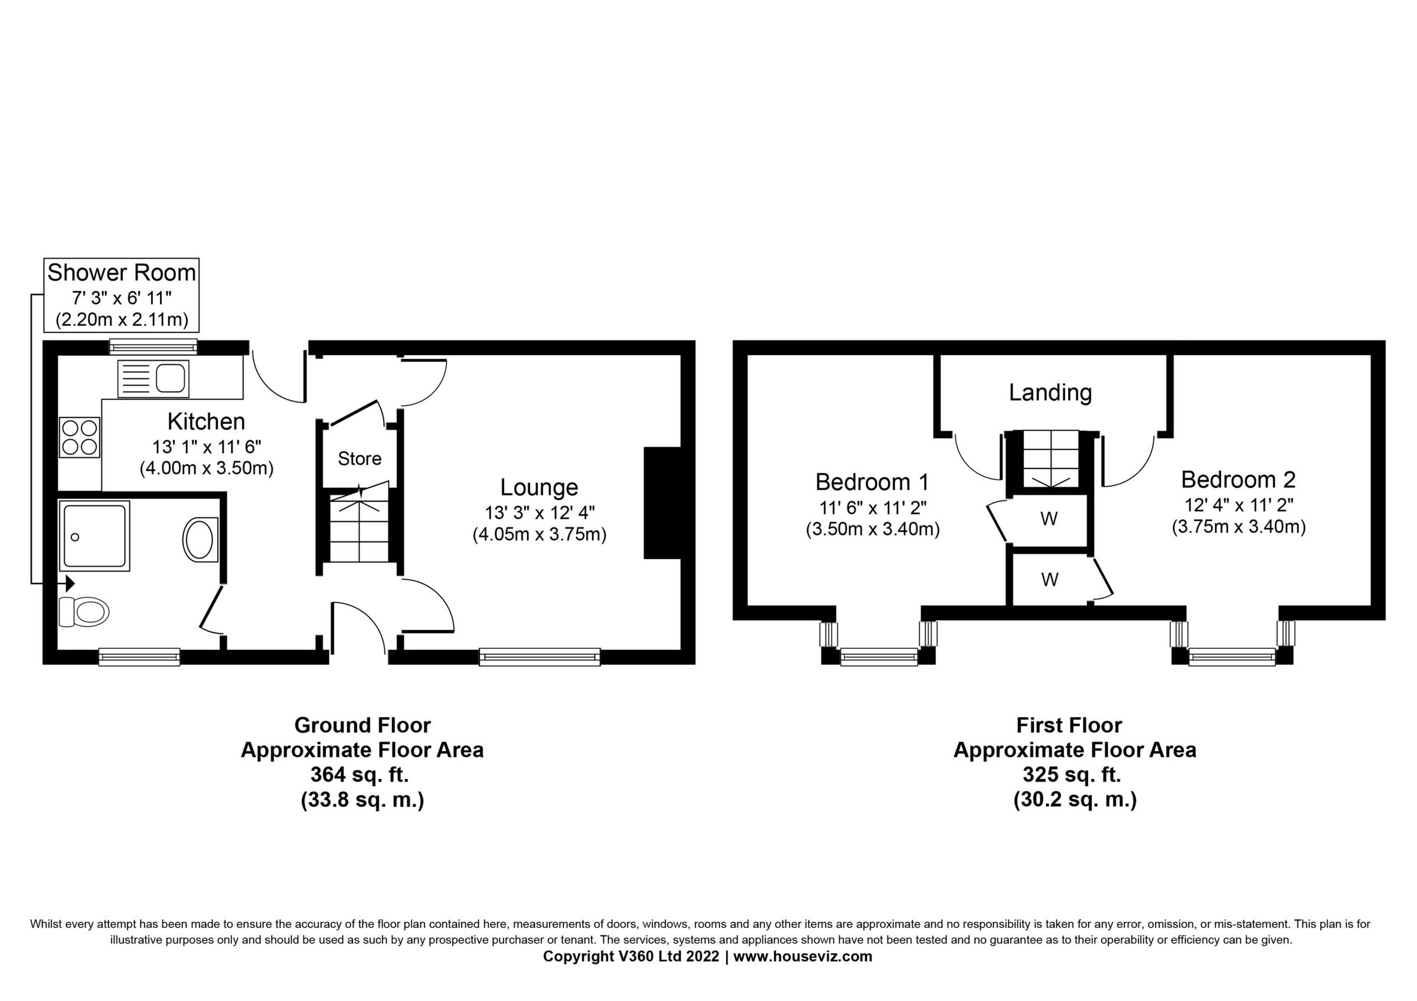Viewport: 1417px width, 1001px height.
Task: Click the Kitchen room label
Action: click(206, 422)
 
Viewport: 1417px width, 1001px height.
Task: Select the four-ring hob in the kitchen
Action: click(80, 437)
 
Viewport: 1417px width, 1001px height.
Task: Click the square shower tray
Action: click(94, 536)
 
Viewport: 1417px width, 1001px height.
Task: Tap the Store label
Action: click(359, 459)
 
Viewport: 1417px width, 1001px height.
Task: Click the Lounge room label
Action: click(539, 487)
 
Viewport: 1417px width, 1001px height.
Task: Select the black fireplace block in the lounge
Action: click(662, 503)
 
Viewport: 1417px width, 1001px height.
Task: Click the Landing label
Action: click(1050, 392)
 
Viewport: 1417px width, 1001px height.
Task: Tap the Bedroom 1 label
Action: click(871, 482)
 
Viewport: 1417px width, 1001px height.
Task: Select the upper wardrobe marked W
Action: click(1049, 519)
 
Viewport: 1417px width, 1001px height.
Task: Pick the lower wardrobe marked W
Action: click(1049, 580)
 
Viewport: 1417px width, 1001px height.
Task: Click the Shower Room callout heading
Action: click(122, 273)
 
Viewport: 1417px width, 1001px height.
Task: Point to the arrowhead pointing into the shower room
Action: click(70, 583)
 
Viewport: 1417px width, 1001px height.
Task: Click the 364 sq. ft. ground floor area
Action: click(360, 774)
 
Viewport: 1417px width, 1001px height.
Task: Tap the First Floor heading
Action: click(1068, 726)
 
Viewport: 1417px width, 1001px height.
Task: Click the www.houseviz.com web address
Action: click(802, 957)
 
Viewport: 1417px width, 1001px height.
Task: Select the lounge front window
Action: click(540, 658)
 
